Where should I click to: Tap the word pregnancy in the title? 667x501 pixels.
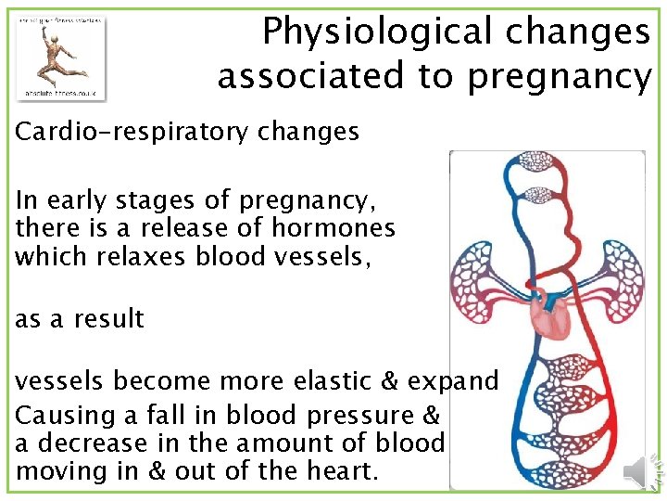point(560,76)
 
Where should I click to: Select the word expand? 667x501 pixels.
point(453,382)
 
